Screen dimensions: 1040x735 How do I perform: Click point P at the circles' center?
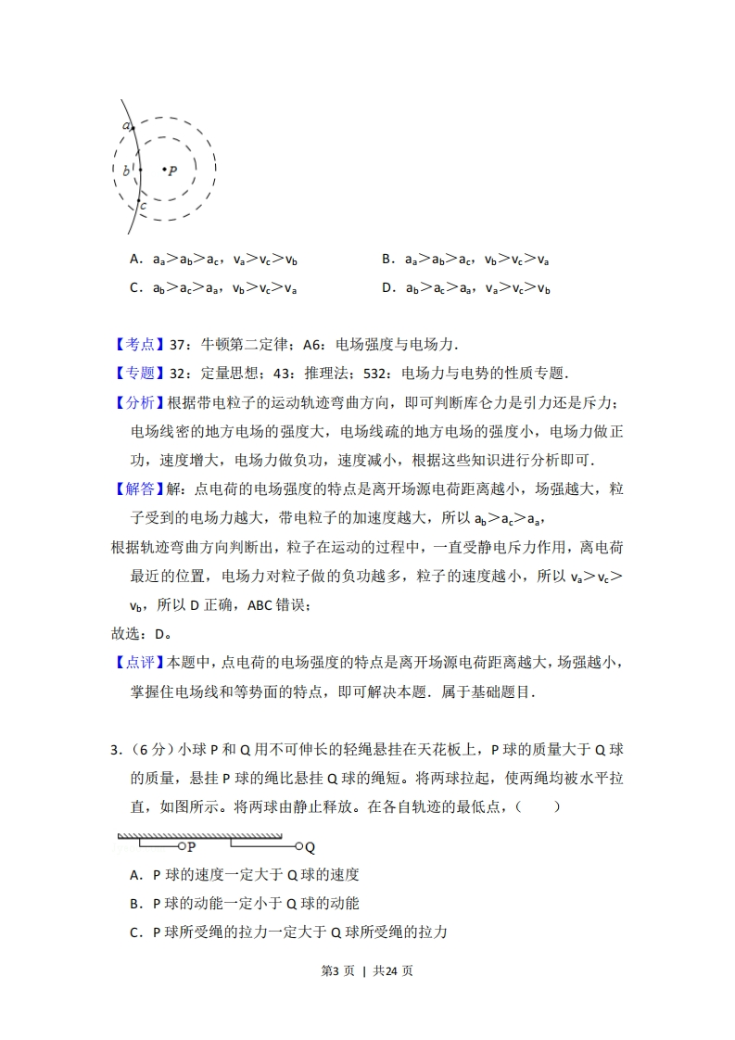[x=164, y=170]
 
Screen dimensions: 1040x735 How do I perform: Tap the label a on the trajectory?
[x=125, y=125]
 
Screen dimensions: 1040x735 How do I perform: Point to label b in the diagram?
[x=126, y=171]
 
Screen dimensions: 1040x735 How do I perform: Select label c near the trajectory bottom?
[x=143, y=205]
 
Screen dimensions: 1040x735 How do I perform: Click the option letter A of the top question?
[x=135, y=260]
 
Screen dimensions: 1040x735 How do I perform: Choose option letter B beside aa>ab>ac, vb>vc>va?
[x=387, y=260]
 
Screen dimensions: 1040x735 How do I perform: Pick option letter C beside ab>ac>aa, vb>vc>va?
[x=135, y=287]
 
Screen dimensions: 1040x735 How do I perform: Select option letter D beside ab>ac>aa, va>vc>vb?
[x=387, y=287]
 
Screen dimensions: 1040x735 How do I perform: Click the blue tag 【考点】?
[x=139, y=344]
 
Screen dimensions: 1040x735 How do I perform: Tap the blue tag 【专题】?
[x=139, y=373]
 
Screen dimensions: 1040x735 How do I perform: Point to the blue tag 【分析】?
[x=139, y=402]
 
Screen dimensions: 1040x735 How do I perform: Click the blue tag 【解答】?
[x=139, y=488]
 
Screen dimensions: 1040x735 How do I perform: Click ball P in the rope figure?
[x=182, y=846]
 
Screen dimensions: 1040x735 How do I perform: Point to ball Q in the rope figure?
[x=298, y=846]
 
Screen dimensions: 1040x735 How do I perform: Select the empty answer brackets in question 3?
[x=539, y=806]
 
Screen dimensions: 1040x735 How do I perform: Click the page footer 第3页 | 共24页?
[x=366, y=970]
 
